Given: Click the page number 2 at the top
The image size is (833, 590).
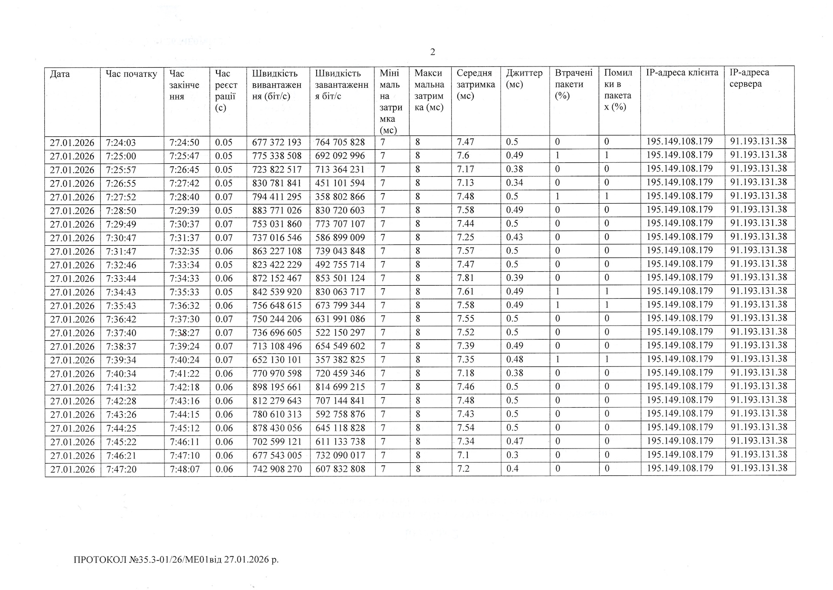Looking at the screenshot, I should point(433,52).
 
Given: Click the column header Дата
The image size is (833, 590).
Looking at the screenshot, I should point(60,74).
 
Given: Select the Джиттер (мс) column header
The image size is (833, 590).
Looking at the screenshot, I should point(524,79).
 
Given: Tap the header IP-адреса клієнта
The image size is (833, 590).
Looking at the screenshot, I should point(682,73).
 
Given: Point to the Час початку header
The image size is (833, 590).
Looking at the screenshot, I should point(131,74).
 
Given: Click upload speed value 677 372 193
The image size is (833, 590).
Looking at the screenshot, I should point(276,142).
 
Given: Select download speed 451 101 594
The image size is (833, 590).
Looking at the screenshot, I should point(340,183).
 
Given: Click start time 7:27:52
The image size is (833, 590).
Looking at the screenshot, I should point(121,197).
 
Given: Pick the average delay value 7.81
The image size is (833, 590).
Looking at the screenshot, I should point(465,278).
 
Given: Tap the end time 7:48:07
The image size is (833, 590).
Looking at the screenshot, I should point(184,469).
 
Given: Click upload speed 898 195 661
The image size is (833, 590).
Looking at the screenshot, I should point(276,387).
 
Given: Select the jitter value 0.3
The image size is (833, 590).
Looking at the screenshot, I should point(512,455).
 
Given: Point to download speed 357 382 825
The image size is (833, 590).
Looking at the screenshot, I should point(340,360).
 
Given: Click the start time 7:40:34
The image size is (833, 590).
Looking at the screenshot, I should point(121,374).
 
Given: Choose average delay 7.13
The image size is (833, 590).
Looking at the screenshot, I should point(465,183).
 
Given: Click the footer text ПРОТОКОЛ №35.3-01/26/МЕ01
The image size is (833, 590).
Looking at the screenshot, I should point(176,560).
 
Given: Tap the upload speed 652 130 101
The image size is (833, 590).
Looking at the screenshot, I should point(276,360).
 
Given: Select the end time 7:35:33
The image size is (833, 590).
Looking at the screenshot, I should point(184,292).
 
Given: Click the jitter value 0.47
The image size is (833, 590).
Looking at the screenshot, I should point(515,441).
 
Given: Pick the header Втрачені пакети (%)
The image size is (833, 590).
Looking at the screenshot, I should point(574,84).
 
